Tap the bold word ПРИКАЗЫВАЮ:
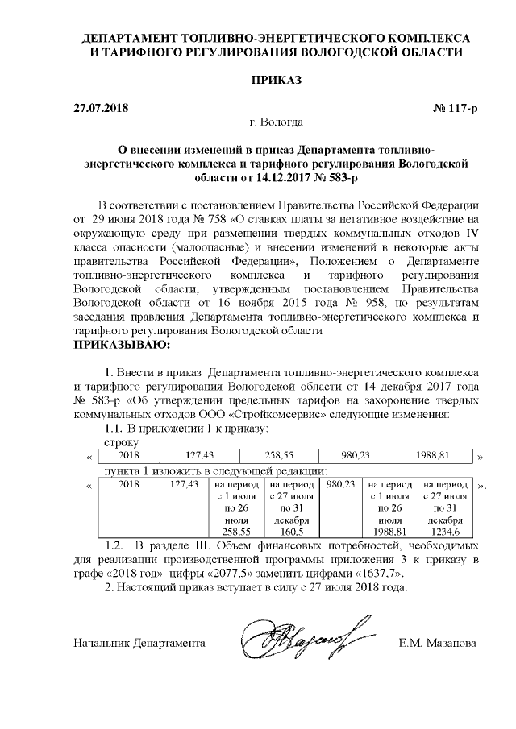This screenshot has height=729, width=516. tap(122, 346)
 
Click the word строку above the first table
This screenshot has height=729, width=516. tap(123, 442)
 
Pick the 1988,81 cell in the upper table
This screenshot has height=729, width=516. tap(434, 456)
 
